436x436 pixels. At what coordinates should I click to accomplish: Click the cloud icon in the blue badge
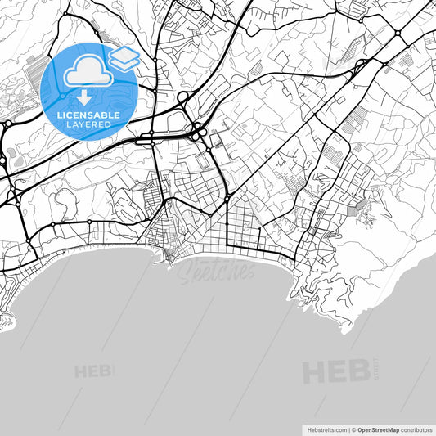point(85,74)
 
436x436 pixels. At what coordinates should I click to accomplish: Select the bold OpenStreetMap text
point(378,429)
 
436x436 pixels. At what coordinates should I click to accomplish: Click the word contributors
point(416,429)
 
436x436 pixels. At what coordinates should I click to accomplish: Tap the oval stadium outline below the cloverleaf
point(202,164)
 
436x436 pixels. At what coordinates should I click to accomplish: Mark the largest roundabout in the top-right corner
point(398,34)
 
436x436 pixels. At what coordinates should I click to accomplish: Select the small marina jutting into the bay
point(169,260)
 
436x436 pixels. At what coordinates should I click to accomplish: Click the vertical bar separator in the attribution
point(348,429)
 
